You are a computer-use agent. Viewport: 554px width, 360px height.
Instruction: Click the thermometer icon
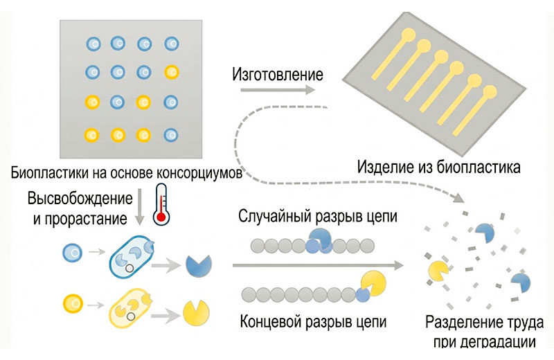161,204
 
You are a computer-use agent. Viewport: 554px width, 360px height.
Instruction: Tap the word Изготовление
278,75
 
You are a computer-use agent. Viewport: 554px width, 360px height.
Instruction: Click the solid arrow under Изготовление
278,90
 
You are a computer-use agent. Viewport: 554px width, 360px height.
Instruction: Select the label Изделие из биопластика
439,167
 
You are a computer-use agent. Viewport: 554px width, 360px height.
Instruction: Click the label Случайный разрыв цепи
318,216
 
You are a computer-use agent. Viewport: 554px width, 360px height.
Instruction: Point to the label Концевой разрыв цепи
313,321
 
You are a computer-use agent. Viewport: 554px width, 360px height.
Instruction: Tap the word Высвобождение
80,199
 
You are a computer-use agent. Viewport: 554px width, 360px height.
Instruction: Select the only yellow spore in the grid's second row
172,73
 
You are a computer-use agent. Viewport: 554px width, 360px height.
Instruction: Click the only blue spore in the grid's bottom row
171,134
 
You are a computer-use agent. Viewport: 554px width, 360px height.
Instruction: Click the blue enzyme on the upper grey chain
319,240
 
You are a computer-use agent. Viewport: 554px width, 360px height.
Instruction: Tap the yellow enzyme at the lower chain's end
373,285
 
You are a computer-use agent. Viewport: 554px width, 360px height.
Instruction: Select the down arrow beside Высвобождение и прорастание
140,207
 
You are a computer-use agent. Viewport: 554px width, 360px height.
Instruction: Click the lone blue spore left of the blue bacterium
73,253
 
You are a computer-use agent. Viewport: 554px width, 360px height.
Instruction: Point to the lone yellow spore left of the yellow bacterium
73,303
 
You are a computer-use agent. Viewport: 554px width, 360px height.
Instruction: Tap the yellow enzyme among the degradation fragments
438,271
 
